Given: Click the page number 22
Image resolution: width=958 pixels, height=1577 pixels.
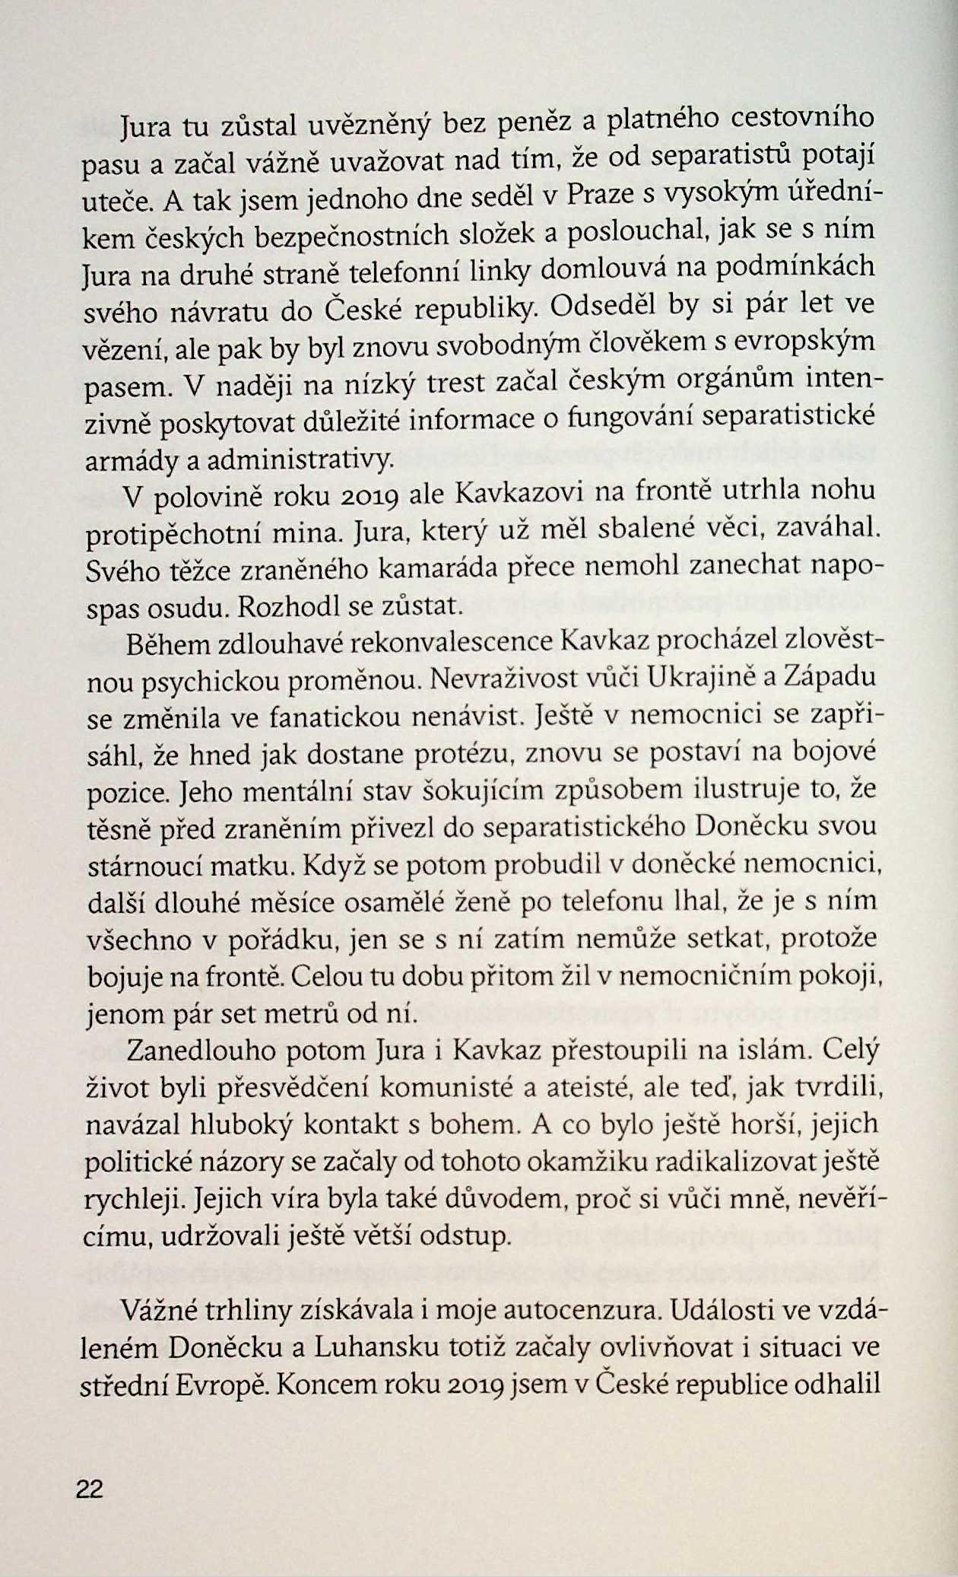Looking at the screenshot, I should [90, 1489].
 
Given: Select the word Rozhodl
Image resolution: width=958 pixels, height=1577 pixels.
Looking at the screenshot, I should [281, 606].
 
